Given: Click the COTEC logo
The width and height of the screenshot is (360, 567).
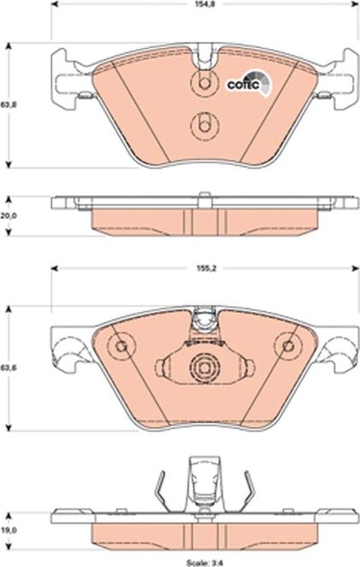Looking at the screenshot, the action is point(249,84).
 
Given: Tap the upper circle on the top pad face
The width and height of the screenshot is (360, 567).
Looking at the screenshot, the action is point(204,83).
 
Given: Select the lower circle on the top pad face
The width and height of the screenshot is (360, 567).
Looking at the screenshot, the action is point(204,126).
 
